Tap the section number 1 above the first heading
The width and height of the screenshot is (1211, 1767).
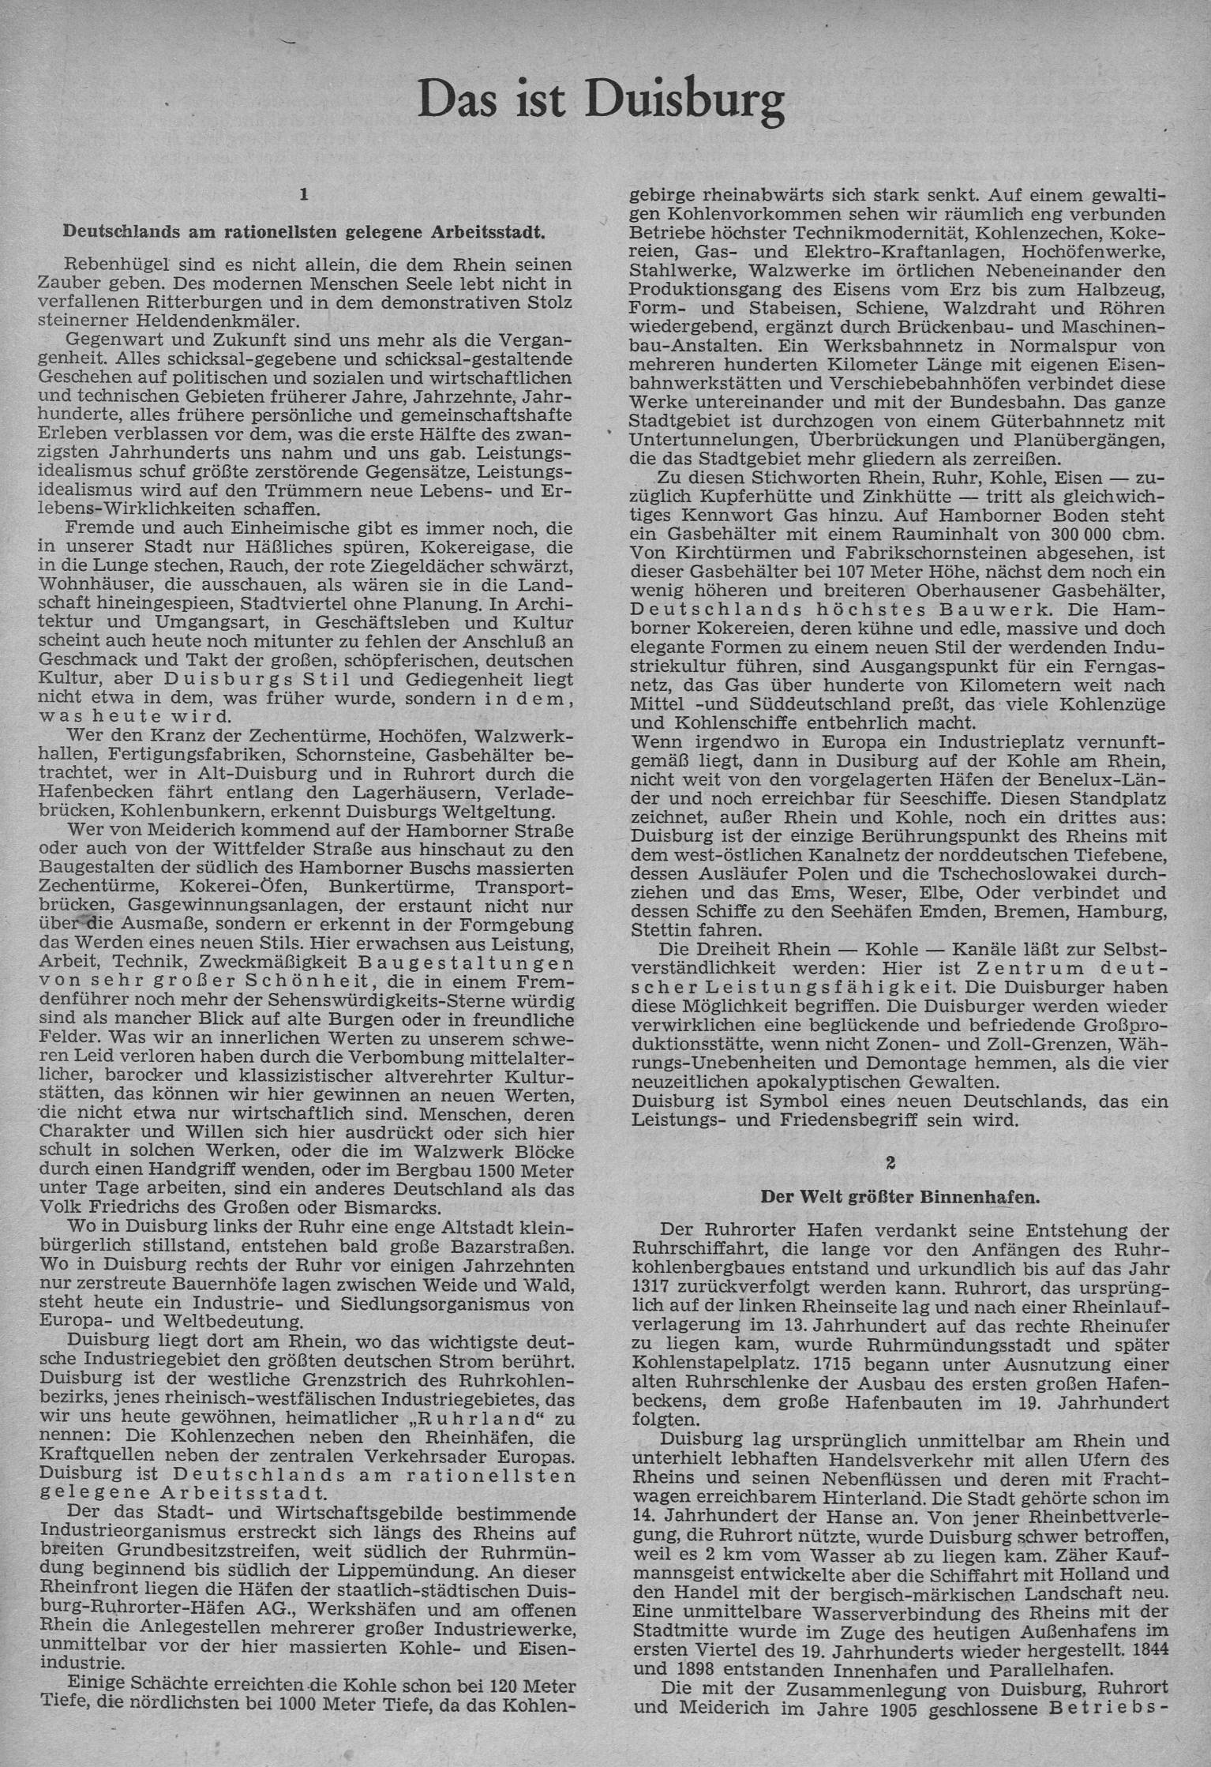point(304,192)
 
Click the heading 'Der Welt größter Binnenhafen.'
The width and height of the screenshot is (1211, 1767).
point(900,1196)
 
